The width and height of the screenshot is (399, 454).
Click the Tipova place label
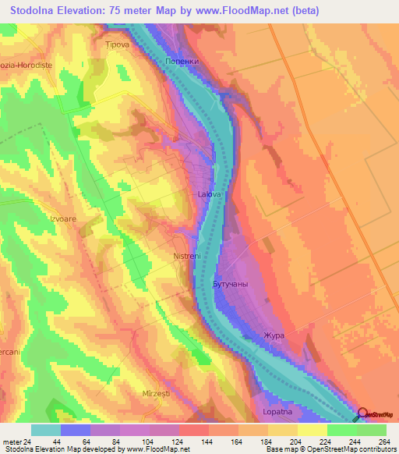click(118, 45)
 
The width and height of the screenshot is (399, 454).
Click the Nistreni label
click(187, 255)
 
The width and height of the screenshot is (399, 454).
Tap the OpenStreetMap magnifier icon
click(362, 414)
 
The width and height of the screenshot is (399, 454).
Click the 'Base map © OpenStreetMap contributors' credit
click(329, 449)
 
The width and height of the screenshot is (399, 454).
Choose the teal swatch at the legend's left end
click(46, 430)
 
